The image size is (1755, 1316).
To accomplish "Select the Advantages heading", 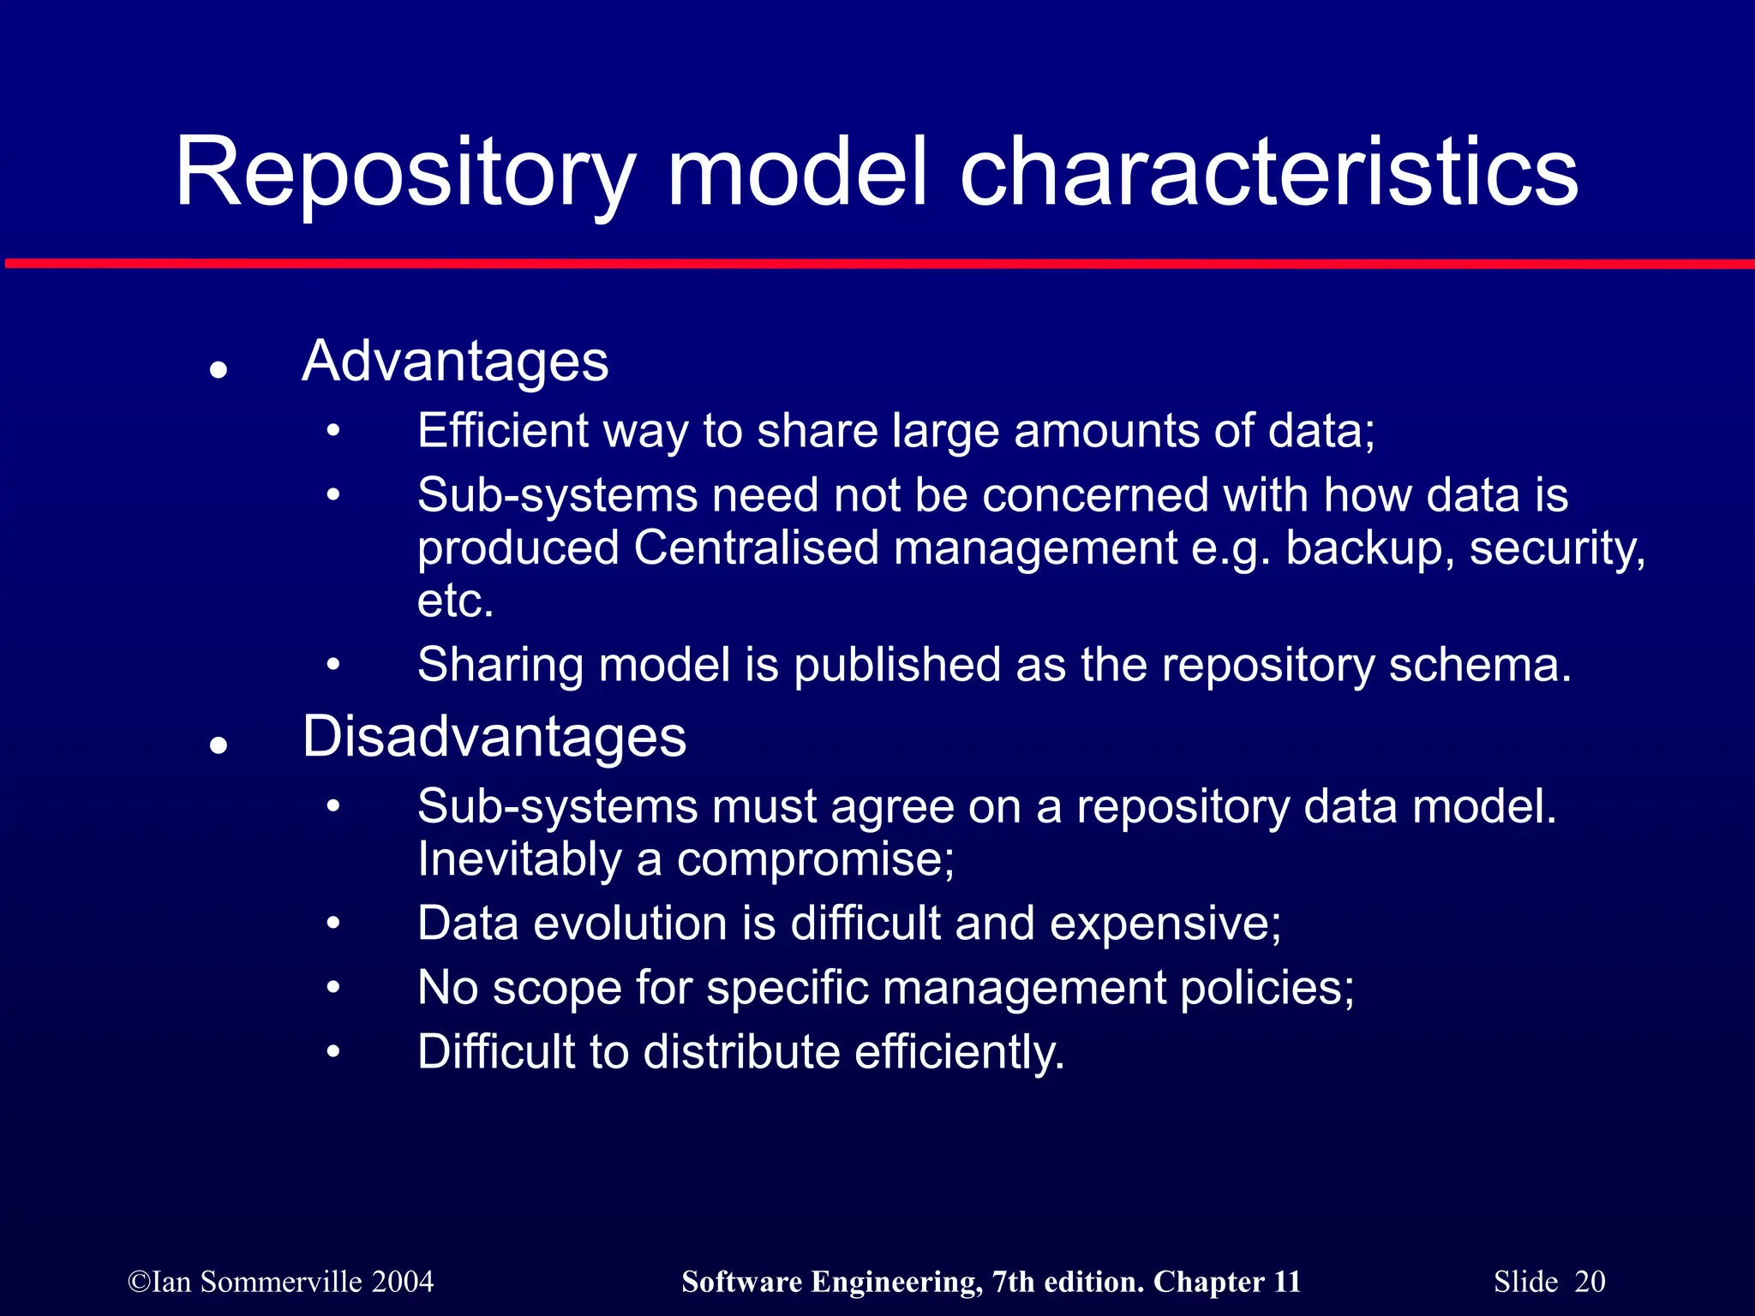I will click(x=455, y=362).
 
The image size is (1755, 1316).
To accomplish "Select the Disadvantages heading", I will click(x=494, y=737).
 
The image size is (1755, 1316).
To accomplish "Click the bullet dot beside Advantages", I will click(x=219, y=370).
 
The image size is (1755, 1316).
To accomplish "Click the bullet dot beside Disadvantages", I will click(x=219, y=745).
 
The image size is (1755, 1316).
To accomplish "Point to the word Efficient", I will click(x=502, y=430).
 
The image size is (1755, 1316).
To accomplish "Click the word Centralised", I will click(x=756, y=548).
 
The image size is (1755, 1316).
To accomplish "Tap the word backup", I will click(x=1364, y=548).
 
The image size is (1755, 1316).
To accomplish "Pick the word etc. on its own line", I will click(x=455, y=601).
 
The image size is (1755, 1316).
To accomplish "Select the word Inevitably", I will click(x=519, y=859).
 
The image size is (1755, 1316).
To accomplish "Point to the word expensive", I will click(x=1165, y=924).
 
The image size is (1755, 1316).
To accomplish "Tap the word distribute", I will click(x=741, y=1052).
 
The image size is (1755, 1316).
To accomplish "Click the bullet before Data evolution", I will click(x=333, y=924).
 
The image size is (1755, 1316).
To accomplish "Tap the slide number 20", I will click(x=1590, y=1282).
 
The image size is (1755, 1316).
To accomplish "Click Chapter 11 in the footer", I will click(x=1226, y=1282).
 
